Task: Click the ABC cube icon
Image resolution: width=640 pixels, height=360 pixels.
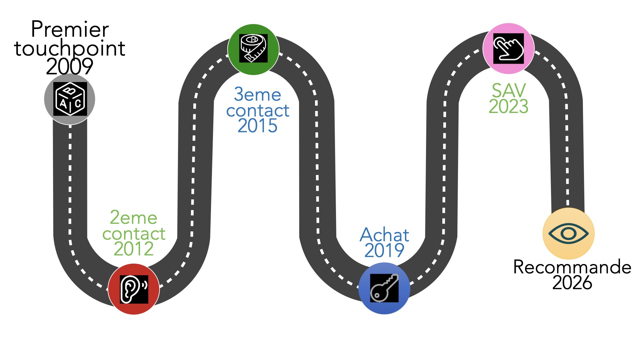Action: [x=70, y=99]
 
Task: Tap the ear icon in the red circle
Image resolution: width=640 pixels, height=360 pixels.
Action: [x=134, y=289]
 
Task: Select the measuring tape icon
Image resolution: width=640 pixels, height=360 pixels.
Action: [x=253, y=49]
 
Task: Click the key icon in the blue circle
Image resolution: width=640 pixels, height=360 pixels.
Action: [x=384, y=288]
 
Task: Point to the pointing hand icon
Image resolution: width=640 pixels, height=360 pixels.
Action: [x=508, y=49]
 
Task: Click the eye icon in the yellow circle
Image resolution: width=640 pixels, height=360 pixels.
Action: [x=568, y=233]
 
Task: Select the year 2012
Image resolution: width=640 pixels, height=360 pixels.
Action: [x=134, y=249]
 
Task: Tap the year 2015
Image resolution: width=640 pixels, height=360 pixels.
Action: [x=257, y=126]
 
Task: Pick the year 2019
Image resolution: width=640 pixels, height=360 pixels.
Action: [x=384, y=250]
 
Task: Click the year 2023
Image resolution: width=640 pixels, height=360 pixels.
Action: [x=508, y=107]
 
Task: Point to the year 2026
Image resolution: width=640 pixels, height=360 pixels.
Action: [x=572, y=283]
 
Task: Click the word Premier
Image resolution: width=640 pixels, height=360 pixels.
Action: [x=70, y=29]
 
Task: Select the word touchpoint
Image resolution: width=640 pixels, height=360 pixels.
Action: [x=70, y=48]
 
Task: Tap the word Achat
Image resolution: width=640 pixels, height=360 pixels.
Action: [x=384, y=235]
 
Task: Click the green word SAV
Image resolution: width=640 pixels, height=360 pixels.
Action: [x=509, y=90]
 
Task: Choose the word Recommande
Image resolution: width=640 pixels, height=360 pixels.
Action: [x=572, y=267]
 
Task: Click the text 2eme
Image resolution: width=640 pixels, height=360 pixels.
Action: [x=134, y=218]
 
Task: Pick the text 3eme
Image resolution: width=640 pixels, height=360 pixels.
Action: [x=257, y=94]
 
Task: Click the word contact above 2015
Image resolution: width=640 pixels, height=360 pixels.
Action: [x=257, y=110]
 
